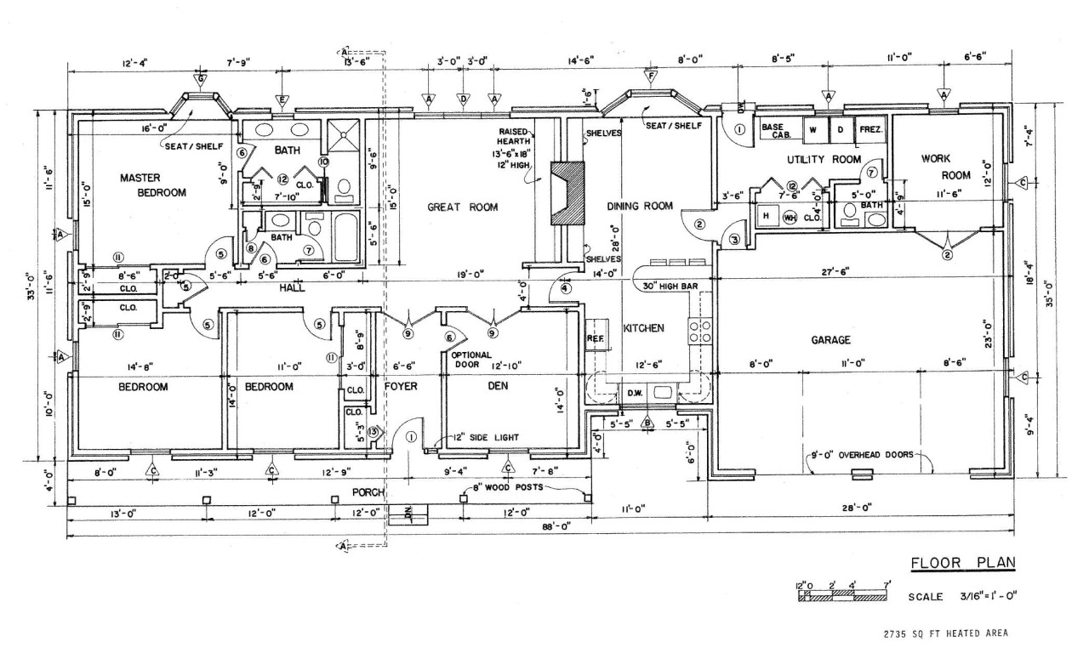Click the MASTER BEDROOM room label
[153, 185]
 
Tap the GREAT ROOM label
[463, 207]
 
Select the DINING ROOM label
[640, 206]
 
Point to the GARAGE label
[830, 340]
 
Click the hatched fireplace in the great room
[567, 193]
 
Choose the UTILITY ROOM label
[812, 159]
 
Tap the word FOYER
[400, 386]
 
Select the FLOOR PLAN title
[963, 562]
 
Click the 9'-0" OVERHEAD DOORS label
[865, 455]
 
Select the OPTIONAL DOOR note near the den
[469, 360]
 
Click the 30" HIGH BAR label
[670, 286]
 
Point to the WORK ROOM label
[939, 167]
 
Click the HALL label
[292, 288]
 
